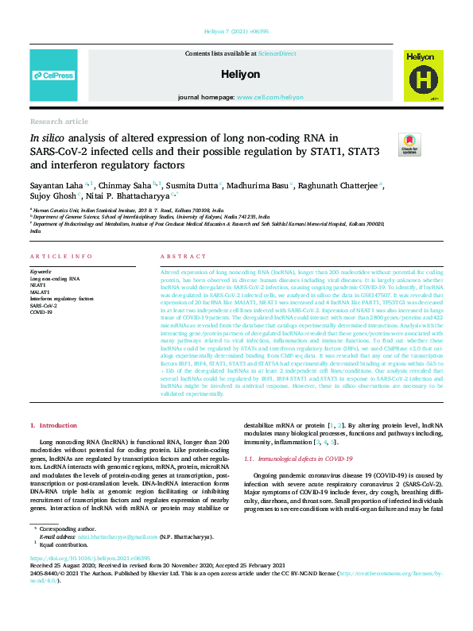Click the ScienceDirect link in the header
(x=277, y=53)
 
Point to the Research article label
(x=59, y=122)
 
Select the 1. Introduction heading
(x=54, y=426)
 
